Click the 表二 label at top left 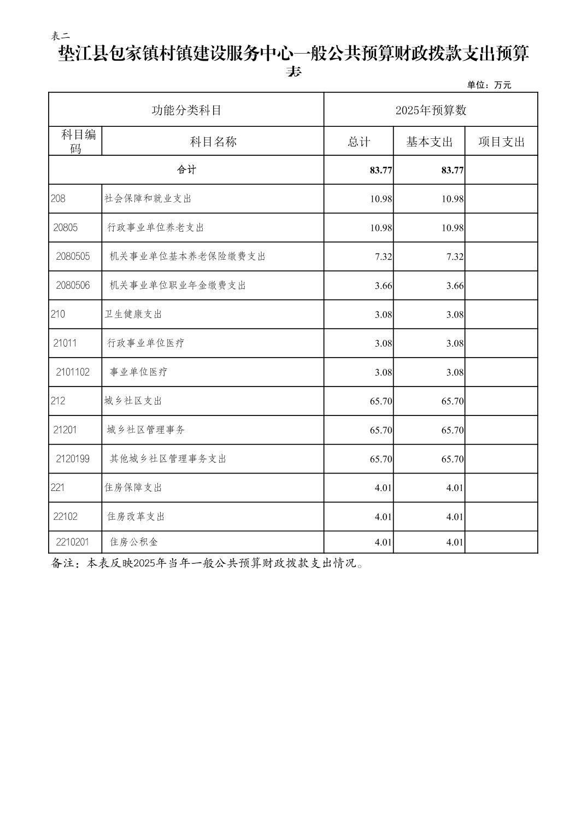click(x=60, y=36)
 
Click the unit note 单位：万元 click(x=489, y=85)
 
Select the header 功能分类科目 click(x=186, y=110)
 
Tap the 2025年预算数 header click(x=431, y=110)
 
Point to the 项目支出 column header click(x=501, y=142)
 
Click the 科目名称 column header click(x=213, y=142)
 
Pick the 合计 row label click(x=186, y=169)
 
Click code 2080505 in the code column click(x=73, y=256)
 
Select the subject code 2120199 click(x=73, y=459)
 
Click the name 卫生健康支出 click(x=133, y=314)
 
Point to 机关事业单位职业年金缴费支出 click(x=178, y=285)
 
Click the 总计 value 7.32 click(x=383, y=257)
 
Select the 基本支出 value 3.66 click(x=455, y=286)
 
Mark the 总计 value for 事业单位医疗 click(x=383, y=373)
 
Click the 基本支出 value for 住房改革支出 click(x=455, y=517)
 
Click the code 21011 click(x=65, y=343)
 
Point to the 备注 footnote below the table click(x=208, y=564)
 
